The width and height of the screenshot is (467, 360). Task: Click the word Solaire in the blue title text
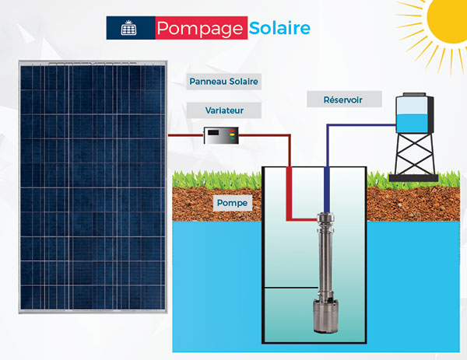click(x=279, y=29)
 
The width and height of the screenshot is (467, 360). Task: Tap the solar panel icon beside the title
click(x=129, y=29)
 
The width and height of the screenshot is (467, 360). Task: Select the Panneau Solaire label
click(x=223, y=81)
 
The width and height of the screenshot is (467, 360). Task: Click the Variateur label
click(x=223, y=111)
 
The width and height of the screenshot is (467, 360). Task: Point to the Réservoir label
click(x=343, y=100)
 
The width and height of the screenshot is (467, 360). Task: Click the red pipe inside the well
click(x=290, y=194)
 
